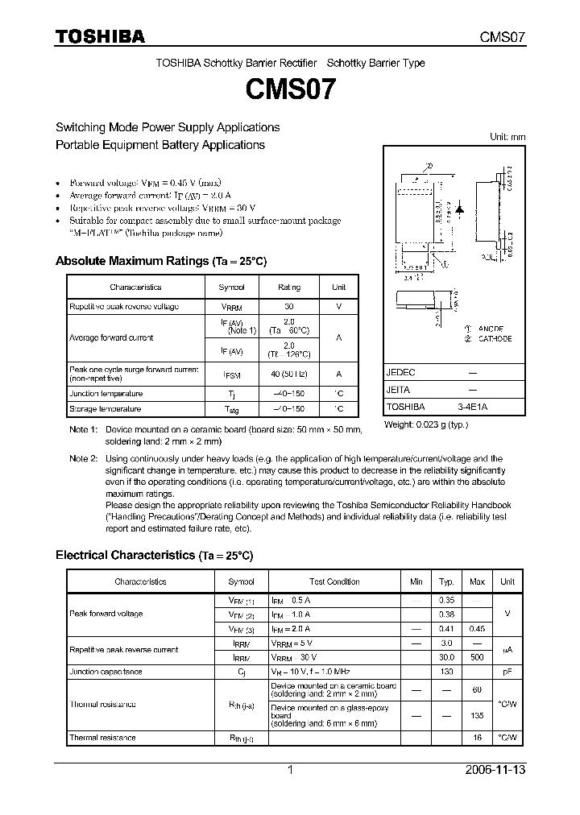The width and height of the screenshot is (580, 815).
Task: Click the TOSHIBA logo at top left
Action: [100, 37]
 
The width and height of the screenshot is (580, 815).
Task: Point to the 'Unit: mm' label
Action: [507, 137]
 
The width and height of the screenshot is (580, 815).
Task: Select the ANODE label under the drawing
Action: [490, 329]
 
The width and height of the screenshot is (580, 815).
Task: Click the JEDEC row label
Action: [401, 373]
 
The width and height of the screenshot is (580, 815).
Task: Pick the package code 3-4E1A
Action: [472, 407]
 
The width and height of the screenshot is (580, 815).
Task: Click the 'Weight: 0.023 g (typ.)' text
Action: [425, 424]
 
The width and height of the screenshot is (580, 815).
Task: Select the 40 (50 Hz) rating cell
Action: [288, 374]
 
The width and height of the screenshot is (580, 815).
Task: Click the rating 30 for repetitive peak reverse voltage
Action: [288, 307]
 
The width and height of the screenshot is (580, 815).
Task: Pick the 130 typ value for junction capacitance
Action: [445, 672]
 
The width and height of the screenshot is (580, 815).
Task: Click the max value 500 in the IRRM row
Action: [477, 656]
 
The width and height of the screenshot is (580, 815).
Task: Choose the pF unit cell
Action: [507, 672]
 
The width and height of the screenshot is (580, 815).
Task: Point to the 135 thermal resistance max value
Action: [477, 714]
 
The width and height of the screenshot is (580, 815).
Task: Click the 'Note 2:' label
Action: [83, 458]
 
